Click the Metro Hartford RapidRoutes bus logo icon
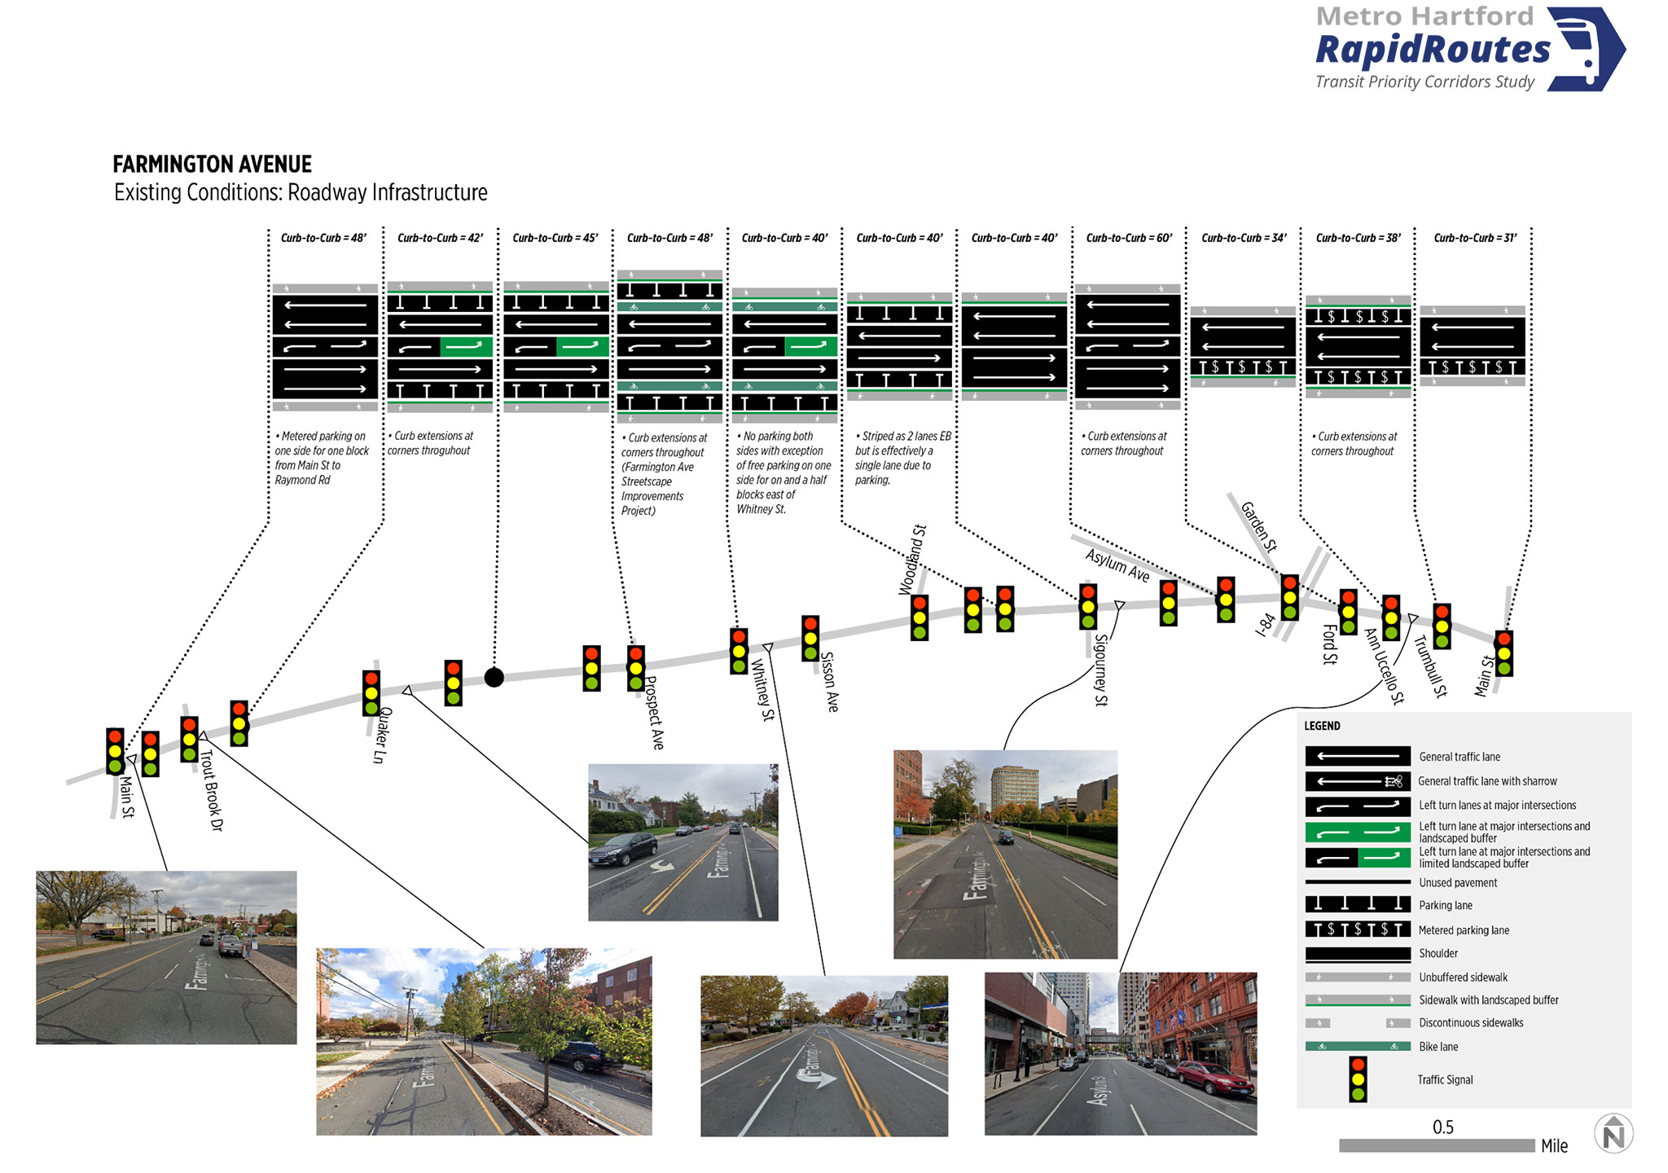[1585, 49]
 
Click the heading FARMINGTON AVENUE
[212, 165]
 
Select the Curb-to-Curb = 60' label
[1129, 238]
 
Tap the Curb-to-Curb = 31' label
[1475, 238]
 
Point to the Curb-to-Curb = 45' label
[555, 238]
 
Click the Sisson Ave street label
[829, 682]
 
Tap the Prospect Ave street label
[654, 713]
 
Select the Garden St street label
[1259, 526]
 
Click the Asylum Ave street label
[1117, 565]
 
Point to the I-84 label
[1265, 625]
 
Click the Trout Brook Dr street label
[211, 789]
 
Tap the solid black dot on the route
[494, 677]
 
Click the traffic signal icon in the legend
[1358, 1079]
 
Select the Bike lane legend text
[1438, 1047]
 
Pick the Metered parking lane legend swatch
[1358, 929]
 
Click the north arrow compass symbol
[1613, 1134]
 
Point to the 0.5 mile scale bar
[1437, 1145]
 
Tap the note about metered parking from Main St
[322, 458]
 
